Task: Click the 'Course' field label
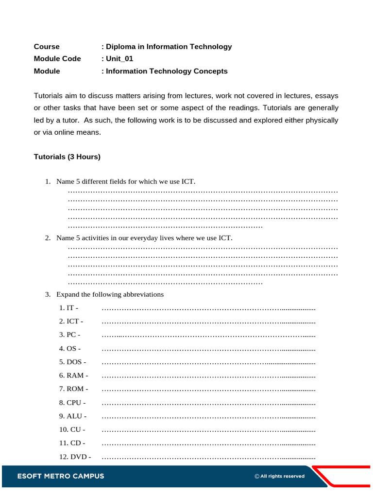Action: [x=47, y=47]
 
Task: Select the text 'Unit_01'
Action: [x=119, y=59]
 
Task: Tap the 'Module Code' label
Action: [x=57, y=59]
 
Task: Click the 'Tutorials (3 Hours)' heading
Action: [x=67, y=157]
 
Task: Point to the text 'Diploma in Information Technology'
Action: [x=169, y=47]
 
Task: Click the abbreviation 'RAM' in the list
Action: [x=75, y=375]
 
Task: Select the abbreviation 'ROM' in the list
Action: [x=75, y=389]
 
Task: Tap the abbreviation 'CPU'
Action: [x=74, y=403]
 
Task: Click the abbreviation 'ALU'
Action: [x=74, y=416]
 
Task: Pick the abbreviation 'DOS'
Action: [x=74, y=362]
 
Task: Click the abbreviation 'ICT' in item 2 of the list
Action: [x=72, y=321]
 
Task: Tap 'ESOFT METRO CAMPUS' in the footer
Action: [x=61, y=476]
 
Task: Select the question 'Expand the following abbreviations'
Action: [x=110, y=294]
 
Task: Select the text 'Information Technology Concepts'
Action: [x=167, y=71]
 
